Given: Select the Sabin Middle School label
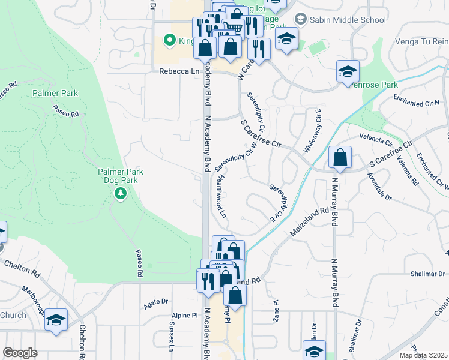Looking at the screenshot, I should coord(348,20).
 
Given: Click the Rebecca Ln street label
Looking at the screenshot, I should coord(178,71).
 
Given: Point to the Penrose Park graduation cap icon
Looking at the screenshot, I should coord(347,72).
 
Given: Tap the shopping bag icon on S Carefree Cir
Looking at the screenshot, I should coord(340,158).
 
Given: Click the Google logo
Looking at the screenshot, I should coord(20,353).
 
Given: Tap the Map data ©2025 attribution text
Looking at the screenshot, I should coord(423,355).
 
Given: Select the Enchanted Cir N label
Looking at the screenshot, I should coord(417,100).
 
